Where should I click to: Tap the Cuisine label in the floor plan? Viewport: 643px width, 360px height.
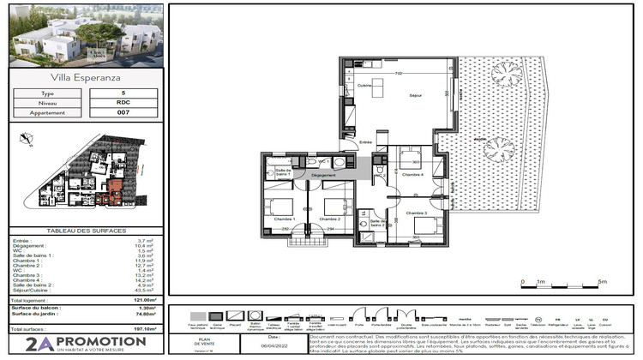point(364,86)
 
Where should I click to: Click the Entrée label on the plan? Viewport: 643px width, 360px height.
point(366,142)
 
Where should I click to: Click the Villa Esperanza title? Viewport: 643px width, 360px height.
point(82,79)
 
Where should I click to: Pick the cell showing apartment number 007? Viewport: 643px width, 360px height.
point(124,111)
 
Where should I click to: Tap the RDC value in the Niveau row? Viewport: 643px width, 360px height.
point(124,102)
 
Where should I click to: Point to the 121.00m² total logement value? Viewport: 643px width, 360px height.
point(143,301)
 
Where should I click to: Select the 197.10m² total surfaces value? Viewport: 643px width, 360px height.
point(143,328)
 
